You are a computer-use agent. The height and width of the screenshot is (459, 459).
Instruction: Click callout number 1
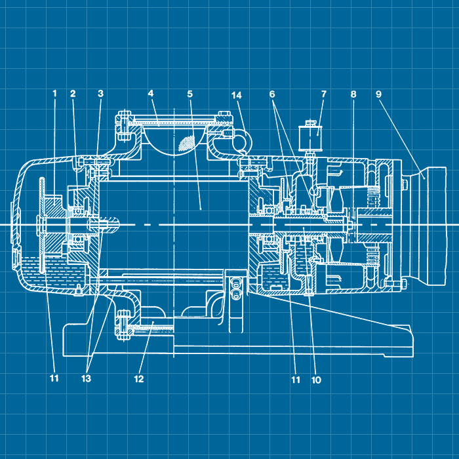(x=54, y=94)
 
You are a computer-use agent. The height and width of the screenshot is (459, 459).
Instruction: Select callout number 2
(x=73, y=94)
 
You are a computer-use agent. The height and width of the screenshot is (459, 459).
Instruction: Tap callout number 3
(x=100, y=94)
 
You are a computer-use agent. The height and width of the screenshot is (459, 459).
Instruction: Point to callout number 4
(x=150, y=93)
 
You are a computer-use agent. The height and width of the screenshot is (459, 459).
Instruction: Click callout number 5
(x=190, y=94)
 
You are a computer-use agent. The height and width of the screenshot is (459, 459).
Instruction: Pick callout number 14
(x=237, y=95)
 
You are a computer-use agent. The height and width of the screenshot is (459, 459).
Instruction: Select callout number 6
(x=272, y=94)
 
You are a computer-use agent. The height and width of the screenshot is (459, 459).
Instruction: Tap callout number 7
(x=323, y=94)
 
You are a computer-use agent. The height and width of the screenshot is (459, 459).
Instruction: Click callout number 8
(x=353, y=94)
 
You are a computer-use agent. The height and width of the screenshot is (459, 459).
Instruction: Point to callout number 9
(x=378, y=94)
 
